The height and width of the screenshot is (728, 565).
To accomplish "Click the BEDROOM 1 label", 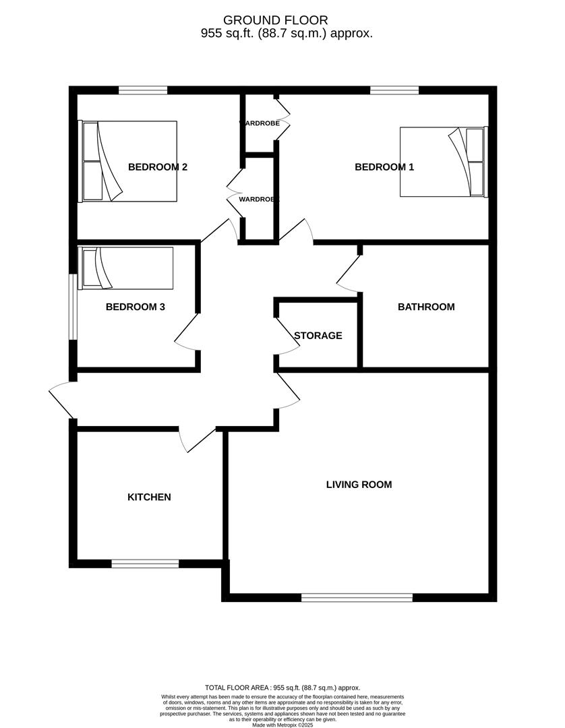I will click(x=384, y=167).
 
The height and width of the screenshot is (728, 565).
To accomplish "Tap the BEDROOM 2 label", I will click(x=158, y=167).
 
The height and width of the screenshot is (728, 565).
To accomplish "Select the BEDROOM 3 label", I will click(x=136, y=307).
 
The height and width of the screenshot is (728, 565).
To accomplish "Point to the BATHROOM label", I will click(x=426, y=307).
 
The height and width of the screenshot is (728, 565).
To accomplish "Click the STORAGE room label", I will click(x=318, y=335).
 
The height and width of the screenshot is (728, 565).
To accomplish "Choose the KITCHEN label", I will click(x=149, y=497).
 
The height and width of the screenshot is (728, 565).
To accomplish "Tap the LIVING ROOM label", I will click(x=359, y=484).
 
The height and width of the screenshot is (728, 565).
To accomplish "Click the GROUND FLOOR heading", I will click(x=276, y=21).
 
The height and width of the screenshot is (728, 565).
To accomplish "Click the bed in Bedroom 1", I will click(x=442, y=162).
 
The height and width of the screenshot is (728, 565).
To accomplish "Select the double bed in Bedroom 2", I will click(x=129, y=161).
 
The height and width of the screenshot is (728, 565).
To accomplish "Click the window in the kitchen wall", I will click(x=145, y=564).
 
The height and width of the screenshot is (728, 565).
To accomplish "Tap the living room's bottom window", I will click(x=357, y=597).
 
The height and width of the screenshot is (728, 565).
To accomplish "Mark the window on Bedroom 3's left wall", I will click(x=72, y=307).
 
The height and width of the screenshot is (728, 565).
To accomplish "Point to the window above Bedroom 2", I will click(x=143, y=90).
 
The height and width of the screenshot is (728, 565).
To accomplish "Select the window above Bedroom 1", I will click(x=394, y=90).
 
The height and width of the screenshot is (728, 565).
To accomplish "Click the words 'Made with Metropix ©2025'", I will click(x=282, y=725).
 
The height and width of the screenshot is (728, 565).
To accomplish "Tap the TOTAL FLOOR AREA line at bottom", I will click(x=282, y=687).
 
